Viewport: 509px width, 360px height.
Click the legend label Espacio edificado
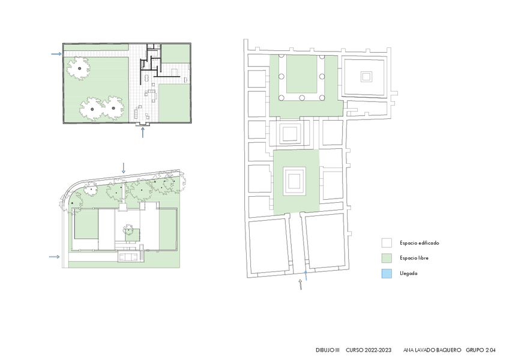pyautogui.click(x=419, y=243)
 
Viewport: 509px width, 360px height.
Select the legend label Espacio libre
pyautogui.click(x=414, y=258)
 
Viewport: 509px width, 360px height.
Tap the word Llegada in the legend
pyautogui.click(x=408, y=274)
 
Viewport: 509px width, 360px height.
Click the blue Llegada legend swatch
pyautogui.click(x=387, y=274)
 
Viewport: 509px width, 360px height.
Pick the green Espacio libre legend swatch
pyautogui.click(x=387, y=258)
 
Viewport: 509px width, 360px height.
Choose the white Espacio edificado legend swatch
pyautogui.click(x=387, y=243)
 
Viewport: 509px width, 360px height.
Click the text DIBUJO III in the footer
pyautogui.click(x=328, y=350)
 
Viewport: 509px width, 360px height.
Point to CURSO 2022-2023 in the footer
pyautogui.click(x=369, y=350)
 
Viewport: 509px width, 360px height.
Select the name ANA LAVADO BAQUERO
pyautogui.click(x=432, y=350)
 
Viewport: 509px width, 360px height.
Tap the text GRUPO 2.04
pyautogui.click(x=481, y=350)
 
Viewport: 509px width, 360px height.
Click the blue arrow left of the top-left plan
pyautogui.click(x=56, y=54)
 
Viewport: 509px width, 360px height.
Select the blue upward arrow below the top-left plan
pyautogui.click(x=142, y=133)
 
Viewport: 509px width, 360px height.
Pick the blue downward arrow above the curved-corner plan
pyautogui.click(x=124, y=168)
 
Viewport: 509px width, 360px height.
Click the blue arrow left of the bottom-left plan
pyautogui.click(x=54, y=257)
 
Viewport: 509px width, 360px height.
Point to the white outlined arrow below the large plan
pyautogui.click(x=301, y=284)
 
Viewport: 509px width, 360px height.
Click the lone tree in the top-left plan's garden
pyautogui.click(x=79, y=68)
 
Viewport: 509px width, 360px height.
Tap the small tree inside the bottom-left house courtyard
pyautogui.click(x=128, y=230)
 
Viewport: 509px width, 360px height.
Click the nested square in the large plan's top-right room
pyautogui.click(x=366, y=77)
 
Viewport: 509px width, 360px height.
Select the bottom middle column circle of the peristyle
pyautogui.click(x=302, y=98)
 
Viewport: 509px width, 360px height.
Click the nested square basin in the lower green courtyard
pyautogui.click(x=294, y=181)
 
